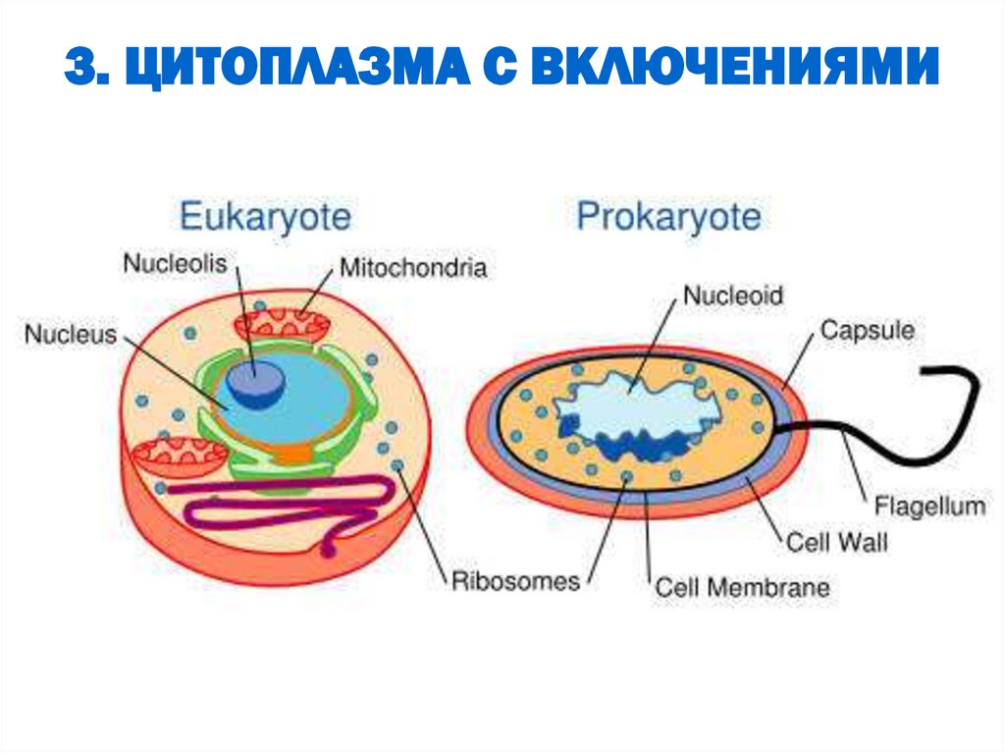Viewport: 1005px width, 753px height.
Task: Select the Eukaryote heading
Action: coord(265,216)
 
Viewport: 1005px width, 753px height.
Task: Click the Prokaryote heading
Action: coord(668,216)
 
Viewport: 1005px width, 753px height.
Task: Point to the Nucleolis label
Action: coord(175,263)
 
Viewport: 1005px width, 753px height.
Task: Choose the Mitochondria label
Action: coord(413,267)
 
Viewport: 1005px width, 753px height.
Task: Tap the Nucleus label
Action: coord(70,334)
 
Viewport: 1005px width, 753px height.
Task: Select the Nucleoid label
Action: coord(732,294)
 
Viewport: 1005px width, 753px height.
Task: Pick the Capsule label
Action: coord(867,329)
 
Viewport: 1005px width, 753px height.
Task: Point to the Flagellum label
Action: coord(928,507)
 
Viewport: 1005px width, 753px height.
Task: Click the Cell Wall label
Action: coord(836,541)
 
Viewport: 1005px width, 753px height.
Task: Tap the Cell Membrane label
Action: coord(742,588)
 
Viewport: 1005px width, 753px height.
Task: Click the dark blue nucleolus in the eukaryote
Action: coord(254,382)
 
